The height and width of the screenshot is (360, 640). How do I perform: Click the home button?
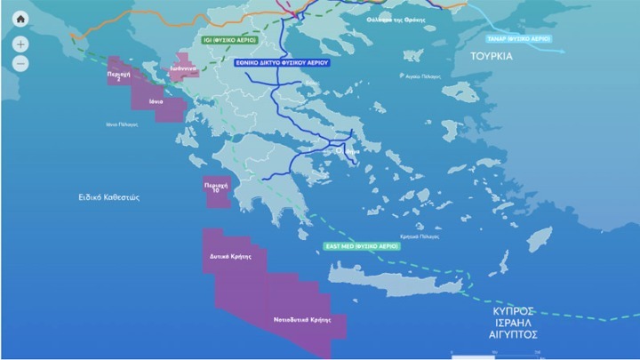(x=20, y=19)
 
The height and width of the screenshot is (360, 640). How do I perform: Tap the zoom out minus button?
(x=20, y=64)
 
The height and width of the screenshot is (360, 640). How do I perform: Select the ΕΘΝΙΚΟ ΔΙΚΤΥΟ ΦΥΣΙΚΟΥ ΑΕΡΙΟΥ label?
(x=282, y=63)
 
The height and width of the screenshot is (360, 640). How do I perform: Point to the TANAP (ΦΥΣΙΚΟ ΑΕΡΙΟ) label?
(x=521, y=38)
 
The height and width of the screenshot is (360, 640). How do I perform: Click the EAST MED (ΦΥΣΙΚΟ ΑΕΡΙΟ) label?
(x=362, y=244)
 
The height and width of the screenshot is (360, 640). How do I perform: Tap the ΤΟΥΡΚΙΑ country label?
(x=492, y=55)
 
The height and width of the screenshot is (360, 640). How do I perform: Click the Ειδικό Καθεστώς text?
(x=108, y=197)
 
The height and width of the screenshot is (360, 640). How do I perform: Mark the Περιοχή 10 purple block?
(x=216, y=190)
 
